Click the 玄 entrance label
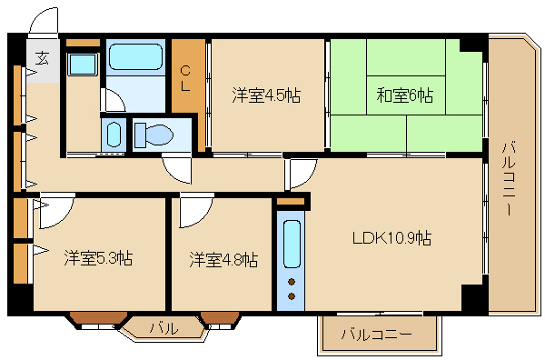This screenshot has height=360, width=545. pos(43,58)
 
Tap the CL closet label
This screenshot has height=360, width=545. pos(185,78)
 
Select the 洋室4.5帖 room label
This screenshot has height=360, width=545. pos(266,95)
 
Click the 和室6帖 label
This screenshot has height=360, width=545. pos(405,95)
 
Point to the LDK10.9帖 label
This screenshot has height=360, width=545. pos(391,238)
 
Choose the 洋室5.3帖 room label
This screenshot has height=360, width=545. pos(98,258)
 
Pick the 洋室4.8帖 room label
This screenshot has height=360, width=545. pos(223,259)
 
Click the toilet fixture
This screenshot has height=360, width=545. pos(154,135)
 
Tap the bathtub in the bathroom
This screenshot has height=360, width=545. pos(135,56)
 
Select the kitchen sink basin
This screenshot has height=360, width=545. pos(292,244)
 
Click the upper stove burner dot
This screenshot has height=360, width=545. pos(292,282)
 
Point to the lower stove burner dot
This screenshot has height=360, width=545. pos(292,296)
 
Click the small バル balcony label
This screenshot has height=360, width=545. pos(164,327)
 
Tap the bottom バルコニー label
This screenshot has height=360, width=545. pos(376,335)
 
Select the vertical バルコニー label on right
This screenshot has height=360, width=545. pos(509,177)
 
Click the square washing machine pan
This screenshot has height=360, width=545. pos(82,65)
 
